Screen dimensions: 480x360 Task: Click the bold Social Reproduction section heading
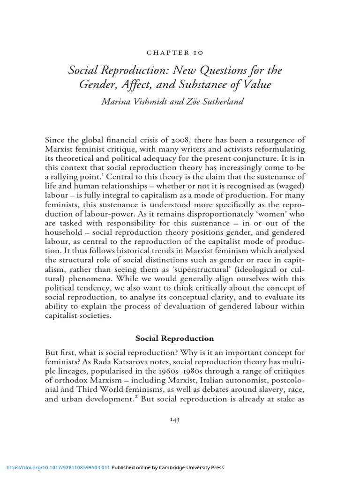coord(175,338)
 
